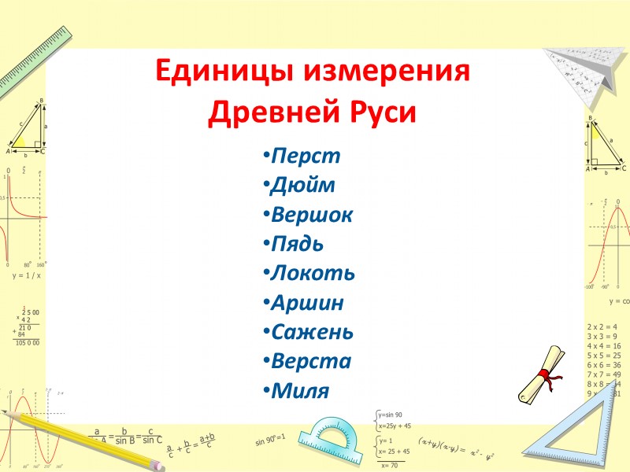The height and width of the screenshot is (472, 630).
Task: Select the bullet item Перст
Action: (x=306, y=156)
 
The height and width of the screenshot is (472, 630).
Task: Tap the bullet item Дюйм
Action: (x=302, y=185)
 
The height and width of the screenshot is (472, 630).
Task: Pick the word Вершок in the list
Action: (x=311, y=214)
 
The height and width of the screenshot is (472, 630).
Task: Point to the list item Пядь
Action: (x=297, y=244)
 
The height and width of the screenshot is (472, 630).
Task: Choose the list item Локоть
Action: (x=312, y=273)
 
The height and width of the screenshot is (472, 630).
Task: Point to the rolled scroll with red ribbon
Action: (x=542, y=374)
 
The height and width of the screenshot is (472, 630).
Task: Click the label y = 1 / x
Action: (x=26, y=276)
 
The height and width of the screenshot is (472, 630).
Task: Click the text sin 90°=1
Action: (x=270, y=438)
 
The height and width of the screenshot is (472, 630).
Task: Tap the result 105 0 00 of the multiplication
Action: (x=27, y=343)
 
